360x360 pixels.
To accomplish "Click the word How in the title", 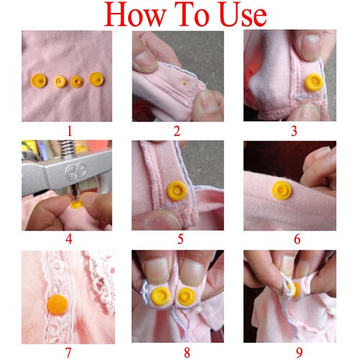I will [134, 15].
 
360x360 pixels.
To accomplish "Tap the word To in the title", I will [185, 15].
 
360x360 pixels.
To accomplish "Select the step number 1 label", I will [69, 132].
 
